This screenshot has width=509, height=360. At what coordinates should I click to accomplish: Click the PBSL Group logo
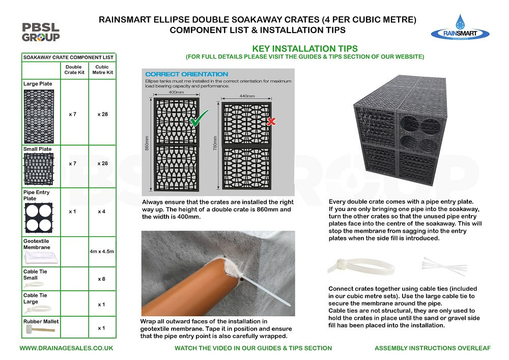click(x=41, y=32)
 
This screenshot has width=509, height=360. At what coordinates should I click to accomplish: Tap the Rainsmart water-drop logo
click(x=460, y=29)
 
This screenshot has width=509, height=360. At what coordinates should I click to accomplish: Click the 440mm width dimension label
click(x=246, y=95)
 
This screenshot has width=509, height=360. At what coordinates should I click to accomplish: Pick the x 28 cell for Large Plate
click(x=102, y=114)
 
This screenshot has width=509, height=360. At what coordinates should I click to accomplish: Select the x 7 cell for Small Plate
click(x=72, y=164)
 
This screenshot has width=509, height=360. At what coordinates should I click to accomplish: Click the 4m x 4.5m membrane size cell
click(x=102, y=252)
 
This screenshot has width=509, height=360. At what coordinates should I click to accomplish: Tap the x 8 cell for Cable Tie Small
click(x=102, y=279)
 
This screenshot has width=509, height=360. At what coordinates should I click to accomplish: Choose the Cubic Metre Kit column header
click(x=102, y=69)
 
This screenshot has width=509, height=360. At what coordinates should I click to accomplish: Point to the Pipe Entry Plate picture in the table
click(x=38, y=217)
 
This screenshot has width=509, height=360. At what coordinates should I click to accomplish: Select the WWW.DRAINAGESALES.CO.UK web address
click(x=66, y=348)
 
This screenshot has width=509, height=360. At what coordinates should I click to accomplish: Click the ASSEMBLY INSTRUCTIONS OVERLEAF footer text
click(x=433, y=348)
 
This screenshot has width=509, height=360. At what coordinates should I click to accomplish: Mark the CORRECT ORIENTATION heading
click(x=186, y=74)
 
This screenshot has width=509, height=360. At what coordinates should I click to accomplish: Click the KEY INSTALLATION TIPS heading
click(x=304, y=48)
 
